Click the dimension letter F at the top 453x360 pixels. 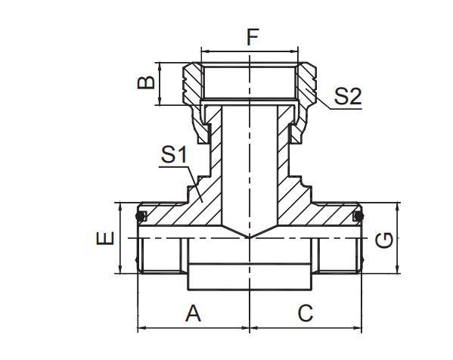[253, 37]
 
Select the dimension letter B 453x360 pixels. [146, 82]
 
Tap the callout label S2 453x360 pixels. [348, 97]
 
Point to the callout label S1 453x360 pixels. [174, 154]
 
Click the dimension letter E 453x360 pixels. [105, 237]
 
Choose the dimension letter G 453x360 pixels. [383, 240]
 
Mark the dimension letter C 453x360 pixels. [306, 313]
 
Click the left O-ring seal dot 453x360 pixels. [141, 216]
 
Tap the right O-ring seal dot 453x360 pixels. [358, 216]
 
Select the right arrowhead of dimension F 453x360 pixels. [294, 51]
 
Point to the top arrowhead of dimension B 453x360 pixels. [160, 67]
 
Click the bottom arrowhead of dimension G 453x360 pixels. [398, 269]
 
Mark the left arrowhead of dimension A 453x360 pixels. [142, 327]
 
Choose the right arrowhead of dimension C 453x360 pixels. [358, 327]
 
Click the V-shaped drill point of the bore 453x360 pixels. [250, 237]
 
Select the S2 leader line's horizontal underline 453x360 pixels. [346, 109]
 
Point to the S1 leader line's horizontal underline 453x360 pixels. [173, 166]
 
